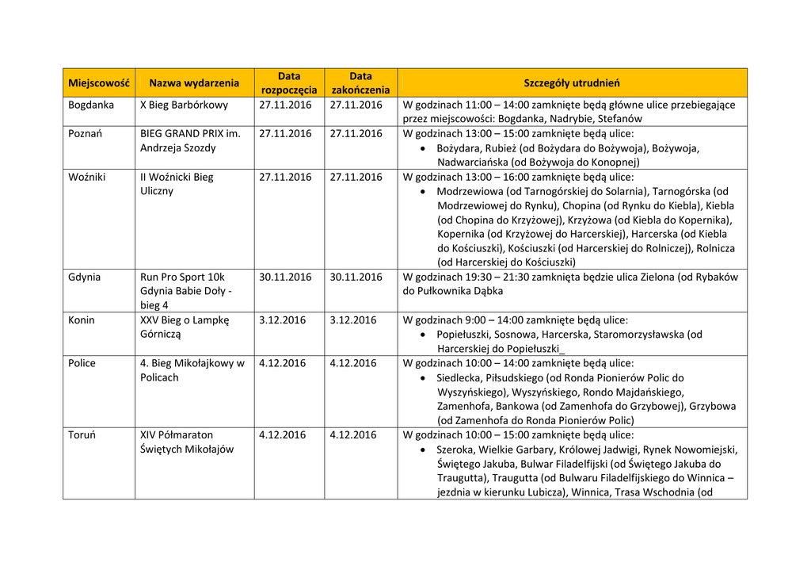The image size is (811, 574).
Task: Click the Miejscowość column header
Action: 98,83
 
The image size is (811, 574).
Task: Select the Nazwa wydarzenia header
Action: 194,83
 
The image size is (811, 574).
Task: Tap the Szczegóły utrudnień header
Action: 572,83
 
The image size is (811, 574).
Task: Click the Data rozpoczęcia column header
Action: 289,83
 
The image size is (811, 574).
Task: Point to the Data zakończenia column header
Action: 360,83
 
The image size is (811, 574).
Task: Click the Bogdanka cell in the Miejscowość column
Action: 91,105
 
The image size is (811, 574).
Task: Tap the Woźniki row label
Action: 87,177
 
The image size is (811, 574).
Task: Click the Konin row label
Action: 82,320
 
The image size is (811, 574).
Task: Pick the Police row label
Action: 82,363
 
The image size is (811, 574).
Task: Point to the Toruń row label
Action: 82,434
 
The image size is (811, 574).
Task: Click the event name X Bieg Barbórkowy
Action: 184,105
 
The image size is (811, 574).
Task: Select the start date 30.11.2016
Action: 285,277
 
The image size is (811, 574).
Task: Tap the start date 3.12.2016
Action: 282,320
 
